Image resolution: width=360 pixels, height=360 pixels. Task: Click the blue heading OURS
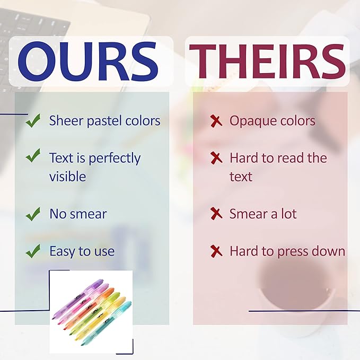[x=88, y=62]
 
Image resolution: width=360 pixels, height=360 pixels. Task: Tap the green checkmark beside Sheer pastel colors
[x=33, y=120]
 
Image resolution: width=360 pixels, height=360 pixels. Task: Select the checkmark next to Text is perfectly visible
[x=33, y=155]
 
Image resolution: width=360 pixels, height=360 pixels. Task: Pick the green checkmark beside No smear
[x=33, y=214]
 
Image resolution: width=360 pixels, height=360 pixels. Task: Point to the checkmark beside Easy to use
[x=33, y=251]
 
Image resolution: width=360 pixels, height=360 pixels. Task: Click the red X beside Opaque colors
[x=216, y=121]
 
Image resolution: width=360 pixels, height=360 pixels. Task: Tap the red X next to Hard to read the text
[x=216, y=158]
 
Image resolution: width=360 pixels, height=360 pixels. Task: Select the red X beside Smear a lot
[x=216, y=214]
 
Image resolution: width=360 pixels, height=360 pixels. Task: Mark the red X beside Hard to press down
[x=216, y=251]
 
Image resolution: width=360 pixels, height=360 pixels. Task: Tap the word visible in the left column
[x=68, y=177]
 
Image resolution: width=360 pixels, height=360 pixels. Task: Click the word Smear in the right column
[x=249, y=214]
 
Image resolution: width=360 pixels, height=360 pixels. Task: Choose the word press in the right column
[x=293, y=252]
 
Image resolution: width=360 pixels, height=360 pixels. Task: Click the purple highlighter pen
[x=77, y=299]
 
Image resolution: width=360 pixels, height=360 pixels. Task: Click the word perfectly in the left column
[x=115, y=159]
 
